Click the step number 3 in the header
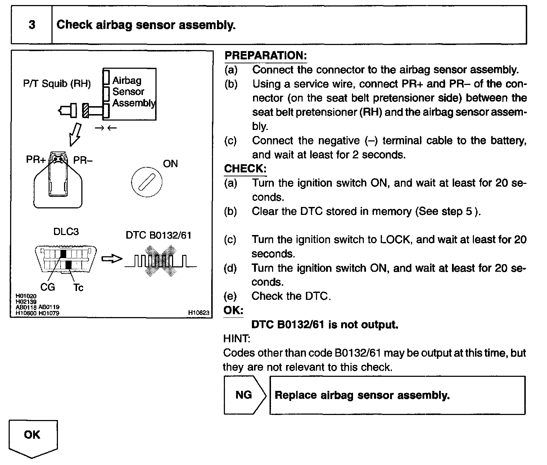[32, 25]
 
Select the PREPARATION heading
[265, 55]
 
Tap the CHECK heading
[245, 168]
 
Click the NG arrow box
[244, 395]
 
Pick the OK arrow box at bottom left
[32, 437]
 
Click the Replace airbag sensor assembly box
[397, 395]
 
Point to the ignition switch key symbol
[146, 182]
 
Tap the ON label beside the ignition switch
[170, 164]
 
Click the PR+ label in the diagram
[36, 159]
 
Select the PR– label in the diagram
[83, 160]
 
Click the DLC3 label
[66, 231]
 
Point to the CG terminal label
[48, 287]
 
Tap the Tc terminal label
[78, 287]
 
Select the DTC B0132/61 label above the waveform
[158, 235]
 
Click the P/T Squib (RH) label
[57, 84]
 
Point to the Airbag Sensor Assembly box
[130, 94]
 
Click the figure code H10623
[199, 313]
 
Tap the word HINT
[236, 339]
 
